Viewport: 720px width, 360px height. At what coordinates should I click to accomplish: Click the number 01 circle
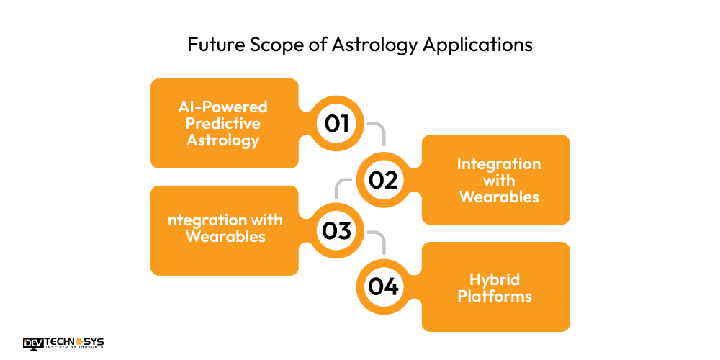[336, 124]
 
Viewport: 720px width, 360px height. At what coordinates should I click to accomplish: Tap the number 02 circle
[383, 179]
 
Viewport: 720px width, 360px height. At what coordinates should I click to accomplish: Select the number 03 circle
[336, 230]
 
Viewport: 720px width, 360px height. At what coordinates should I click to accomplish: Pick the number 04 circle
[383, 287]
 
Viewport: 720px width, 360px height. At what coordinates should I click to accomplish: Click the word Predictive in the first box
[223, 123]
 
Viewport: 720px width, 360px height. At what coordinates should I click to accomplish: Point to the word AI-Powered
[223, 107]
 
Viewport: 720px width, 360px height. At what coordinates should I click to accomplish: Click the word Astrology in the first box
[223, 140]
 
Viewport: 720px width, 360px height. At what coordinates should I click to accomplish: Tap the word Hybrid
[495, 279]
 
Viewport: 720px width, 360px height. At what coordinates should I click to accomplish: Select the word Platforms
[495, 296]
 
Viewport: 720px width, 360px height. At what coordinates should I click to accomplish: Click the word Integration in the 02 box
[499, 164]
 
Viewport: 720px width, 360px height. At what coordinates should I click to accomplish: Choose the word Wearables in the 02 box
[499, 197]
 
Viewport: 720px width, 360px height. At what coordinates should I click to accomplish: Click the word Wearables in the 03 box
[225, 236]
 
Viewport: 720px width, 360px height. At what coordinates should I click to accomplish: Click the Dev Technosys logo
[63, 343]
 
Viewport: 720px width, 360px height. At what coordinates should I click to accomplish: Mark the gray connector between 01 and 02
[379, 131]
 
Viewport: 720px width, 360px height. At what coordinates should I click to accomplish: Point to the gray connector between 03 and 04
[379, 240]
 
